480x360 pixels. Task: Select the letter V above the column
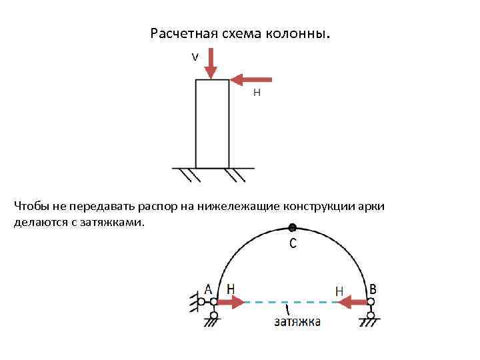[195, 57]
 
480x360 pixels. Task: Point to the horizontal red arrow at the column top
[251, 80]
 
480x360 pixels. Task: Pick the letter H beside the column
[257, 94]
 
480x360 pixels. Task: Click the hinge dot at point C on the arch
[292, 227]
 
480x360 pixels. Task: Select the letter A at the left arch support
[209, 289]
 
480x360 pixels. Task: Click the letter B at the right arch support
[373, 289]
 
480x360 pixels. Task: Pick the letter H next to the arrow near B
[339, 291]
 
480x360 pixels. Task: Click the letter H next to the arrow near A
[231, 289]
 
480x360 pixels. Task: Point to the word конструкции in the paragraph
[319, 207]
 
